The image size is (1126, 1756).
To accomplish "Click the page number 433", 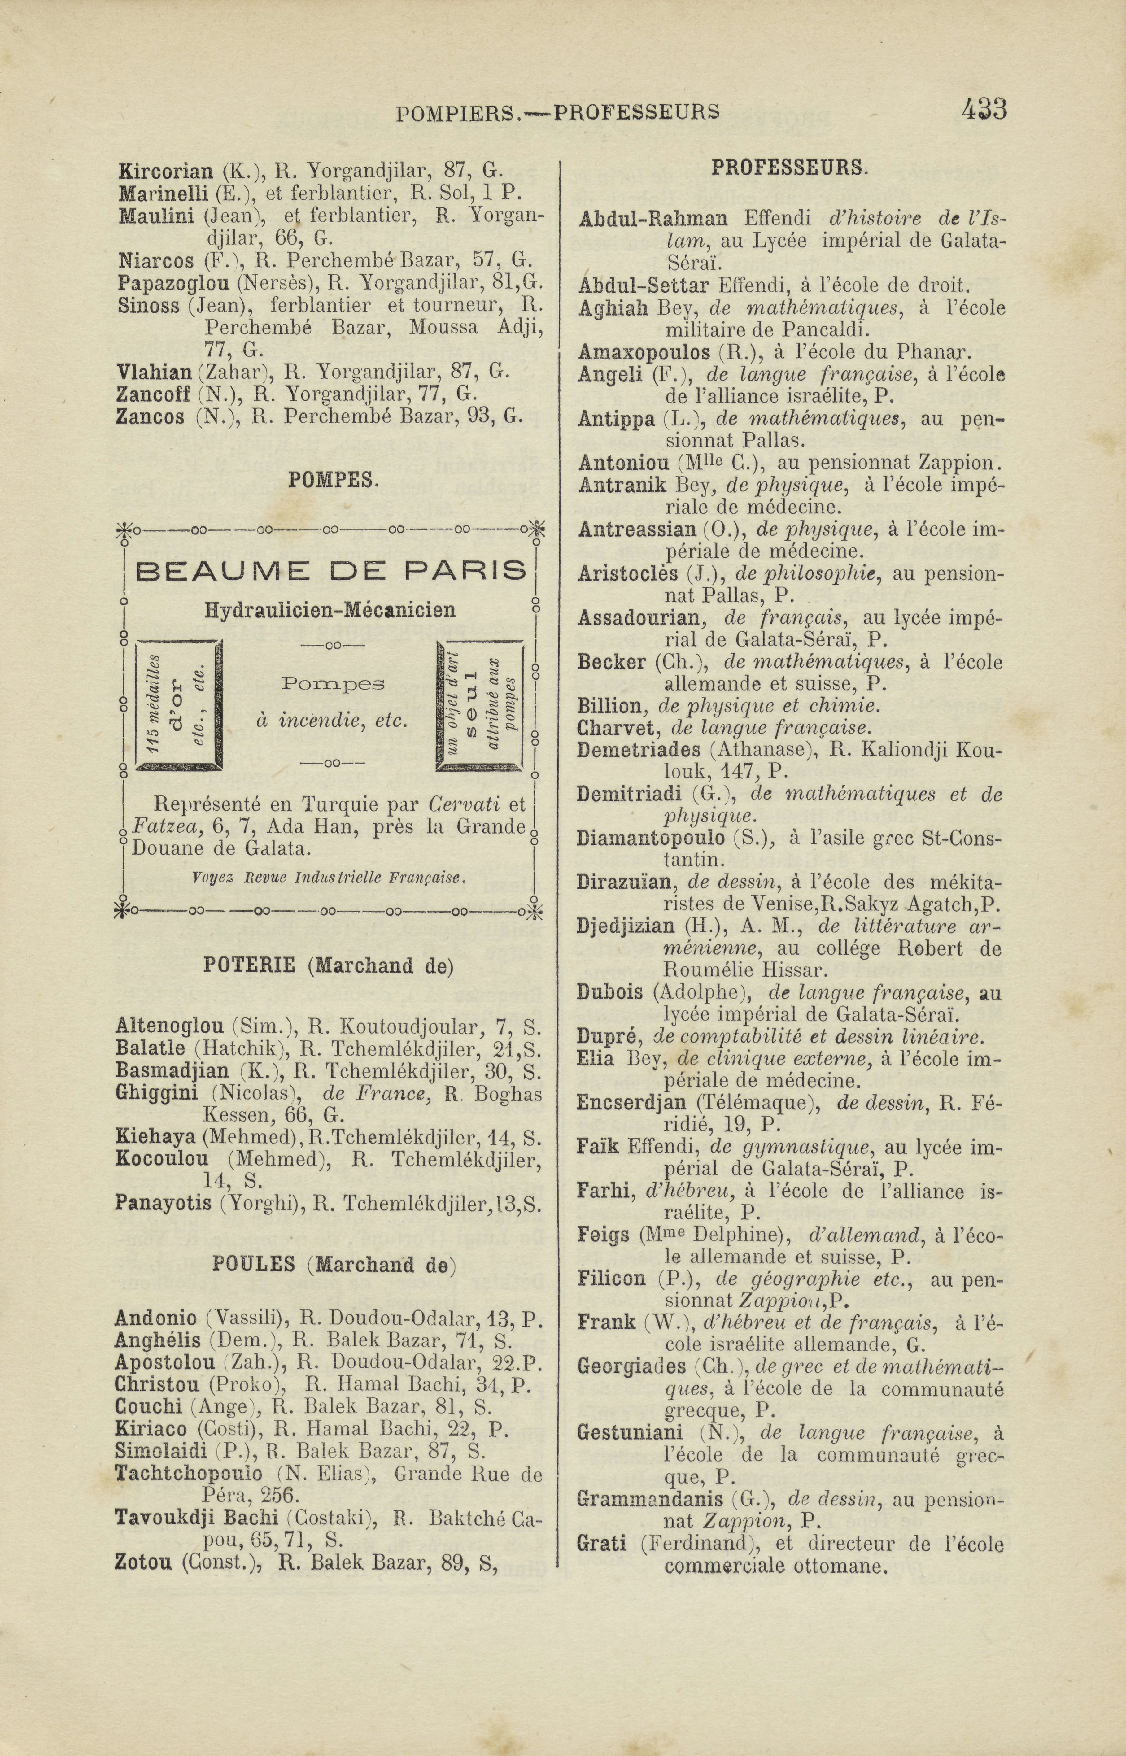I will point(984,111).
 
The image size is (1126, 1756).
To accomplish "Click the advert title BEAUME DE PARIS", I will point(331,569).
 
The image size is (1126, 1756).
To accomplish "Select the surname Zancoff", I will point(154,394).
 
